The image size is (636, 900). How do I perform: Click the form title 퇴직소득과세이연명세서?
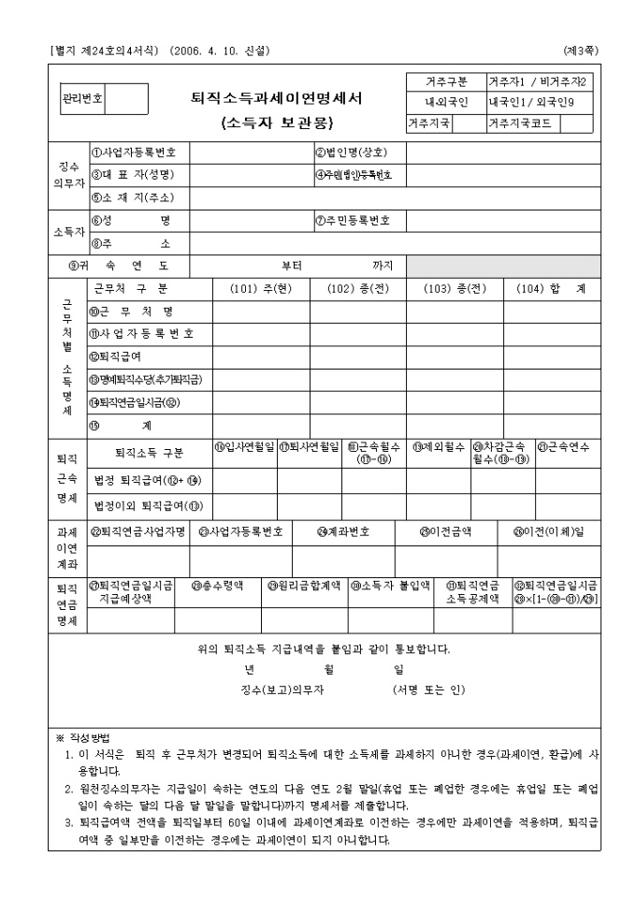[x=277, y=97]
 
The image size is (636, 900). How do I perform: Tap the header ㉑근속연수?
[x=567, y=447]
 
